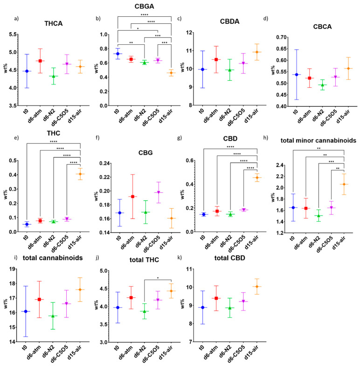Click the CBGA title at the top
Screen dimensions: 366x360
point(145,6)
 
